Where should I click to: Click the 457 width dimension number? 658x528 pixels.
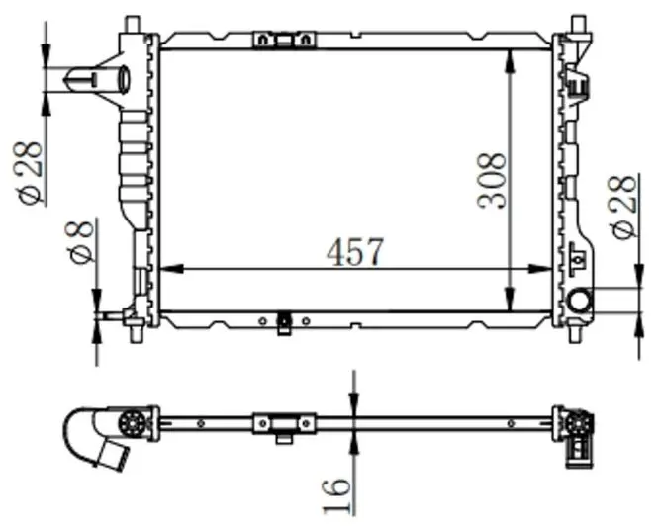coord(355,251)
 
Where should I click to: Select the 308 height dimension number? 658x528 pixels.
coord(493,180)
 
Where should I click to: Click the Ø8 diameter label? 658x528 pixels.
coord(81,242)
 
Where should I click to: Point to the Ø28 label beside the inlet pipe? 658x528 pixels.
coord(30,172)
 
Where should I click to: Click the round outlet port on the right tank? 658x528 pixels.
coord(579,300)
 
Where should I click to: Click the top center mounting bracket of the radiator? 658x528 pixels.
coord(285,40)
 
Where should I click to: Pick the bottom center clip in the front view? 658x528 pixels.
coord(285,322)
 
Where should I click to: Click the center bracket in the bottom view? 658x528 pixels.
coord(285,425)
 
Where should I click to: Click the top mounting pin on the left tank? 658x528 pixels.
coord(134,22)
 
